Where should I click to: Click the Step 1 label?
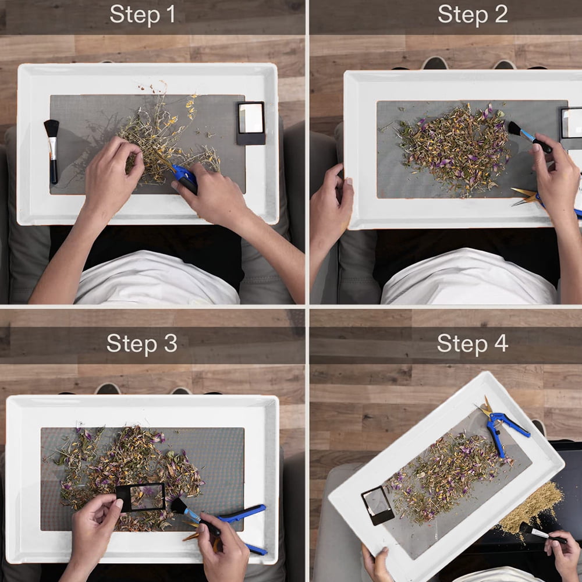tap(143, 15)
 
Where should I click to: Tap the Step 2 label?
tap(473, 15)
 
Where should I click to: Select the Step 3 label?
tap(142, 343)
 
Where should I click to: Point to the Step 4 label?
tap(473, 343)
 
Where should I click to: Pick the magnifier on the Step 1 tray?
tap(251, 123)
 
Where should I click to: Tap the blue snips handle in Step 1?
tap(186, 179)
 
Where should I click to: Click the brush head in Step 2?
tap(515, 129)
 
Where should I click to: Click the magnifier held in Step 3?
tap(141, 497)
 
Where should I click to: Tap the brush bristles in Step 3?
tap(179, 506)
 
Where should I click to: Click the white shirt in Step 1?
tap(156, 278)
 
